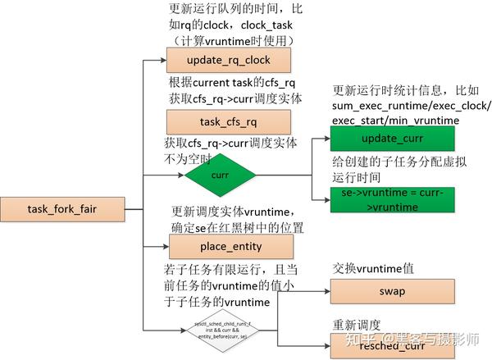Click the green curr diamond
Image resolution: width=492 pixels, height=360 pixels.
coord(220,175)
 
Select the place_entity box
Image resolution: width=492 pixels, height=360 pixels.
coord(218,247)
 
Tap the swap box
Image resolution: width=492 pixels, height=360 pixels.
coord(381,291)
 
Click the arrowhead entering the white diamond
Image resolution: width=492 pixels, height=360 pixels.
coord(184,330)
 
